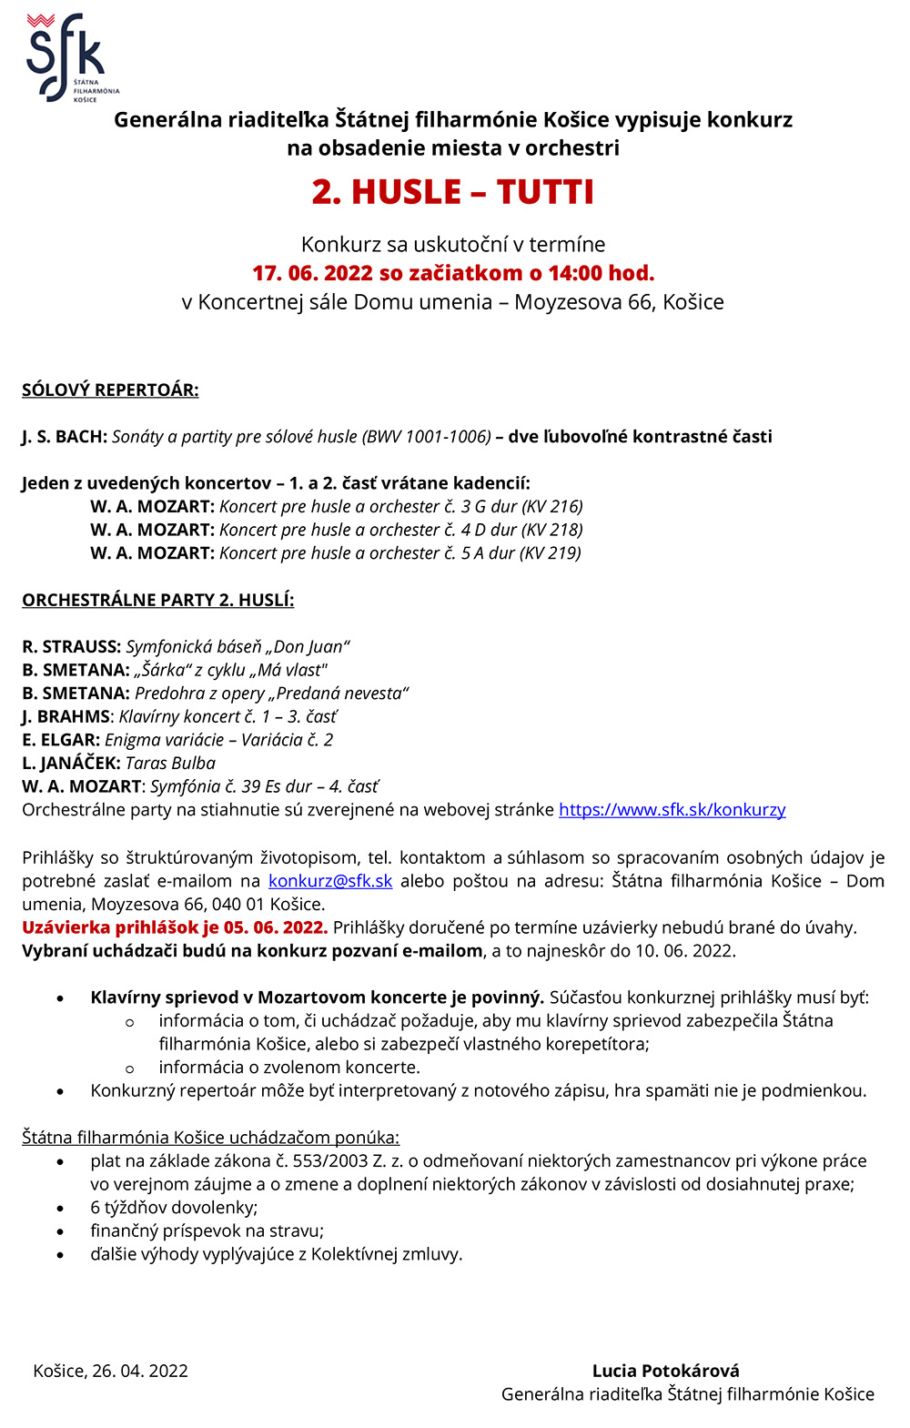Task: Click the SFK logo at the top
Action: coord(67,56)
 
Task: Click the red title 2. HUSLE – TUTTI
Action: coord(452,192)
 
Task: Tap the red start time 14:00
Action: coord(575,273)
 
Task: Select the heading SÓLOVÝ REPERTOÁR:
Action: coord(110,390)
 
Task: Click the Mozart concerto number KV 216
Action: coord(552,507)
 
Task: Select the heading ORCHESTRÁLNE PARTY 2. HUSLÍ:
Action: coord(157,601)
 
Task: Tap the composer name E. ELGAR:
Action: coord(61,740)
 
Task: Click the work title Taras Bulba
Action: coord(170,764)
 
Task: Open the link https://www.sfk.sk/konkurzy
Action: coord(672,810)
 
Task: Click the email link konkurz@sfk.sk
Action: coord(330,881)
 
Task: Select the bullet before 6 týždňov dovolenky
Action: coord(61,1208)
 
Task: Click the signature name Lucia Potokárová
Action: coord(665,1371)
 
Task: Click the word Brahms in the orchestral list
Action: coord(73,717)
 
